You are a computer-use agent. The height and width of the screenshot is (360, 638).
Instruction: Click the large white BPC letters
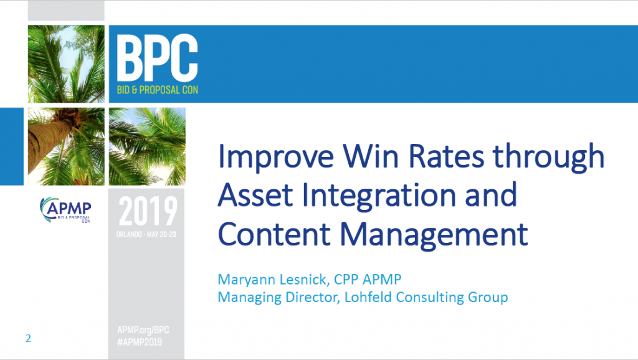[x=158, y=58]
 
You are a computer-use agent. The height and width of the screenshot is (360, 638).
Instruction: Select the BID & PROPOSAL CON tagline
[x=158, y=90]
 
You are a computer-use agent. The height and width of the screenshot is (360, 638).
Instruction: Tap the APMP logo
[x=65, y=210]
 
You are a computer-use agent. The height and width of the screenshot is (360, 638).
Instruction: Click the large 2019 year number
[x=148, y=211]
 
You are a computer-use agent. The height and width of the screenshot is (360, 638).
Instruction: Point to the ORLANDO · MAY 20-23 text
[x=146, y=234]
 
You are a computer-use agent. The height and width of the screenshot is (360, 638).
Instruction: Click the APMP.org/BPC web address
[x=143, y=330]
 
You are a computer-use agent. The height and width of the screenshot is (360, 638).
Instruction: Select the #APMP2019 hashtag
[x=140, y=342]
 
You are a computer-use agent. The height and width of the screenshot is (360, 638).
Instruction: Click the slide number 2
[x=28, y=338]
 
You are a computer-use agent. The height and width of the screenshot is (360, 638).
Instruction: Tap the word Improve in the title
[x=276, y=156]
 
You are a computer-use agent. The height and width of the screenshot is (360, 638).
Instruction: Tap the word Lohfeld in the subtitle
[x=368, y=297]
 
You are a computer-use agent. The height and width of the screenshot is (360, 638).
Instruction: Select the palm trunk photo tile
[x=66, y=146]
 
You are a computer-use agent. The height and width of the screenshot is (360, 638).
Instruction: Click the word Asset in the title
[x=255, y=195]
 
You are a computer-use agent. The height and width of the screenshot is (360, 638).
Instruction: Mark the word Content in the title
[x=275, y=235]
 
